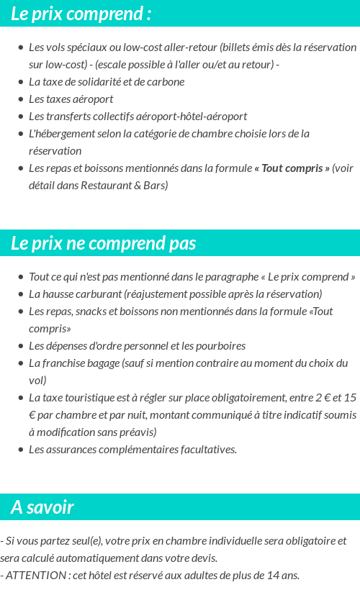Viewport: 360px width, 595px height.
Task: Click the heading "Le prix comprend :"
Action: [81, 14]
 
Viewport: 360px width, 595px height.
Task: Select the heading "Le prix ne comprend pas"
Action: [103, 243]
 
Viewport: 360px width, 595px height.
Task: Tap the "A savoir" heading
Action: [42, 507]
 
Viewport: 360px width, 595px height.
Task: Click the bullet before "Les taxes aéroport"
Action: [20, 99]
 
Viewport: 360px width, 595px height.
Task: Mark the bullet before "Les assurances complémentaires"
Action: [20, 450]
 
